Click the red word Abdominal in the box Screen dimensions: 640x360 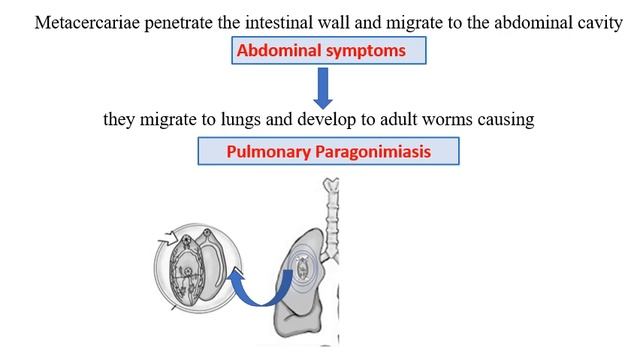click(279, 51)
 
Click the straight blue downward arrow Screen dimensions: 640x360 click(323, 88)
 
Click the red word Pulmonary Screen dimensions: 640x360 click(269, 152)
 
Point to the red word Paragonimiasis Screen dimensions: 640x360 click(373, 152)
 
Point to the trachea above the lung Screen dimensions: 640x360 click(332, 220)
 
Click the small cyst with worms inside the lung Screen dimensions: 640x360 click(302, 268)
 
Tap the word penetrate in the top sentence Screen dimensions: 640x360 click(179, 23)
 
